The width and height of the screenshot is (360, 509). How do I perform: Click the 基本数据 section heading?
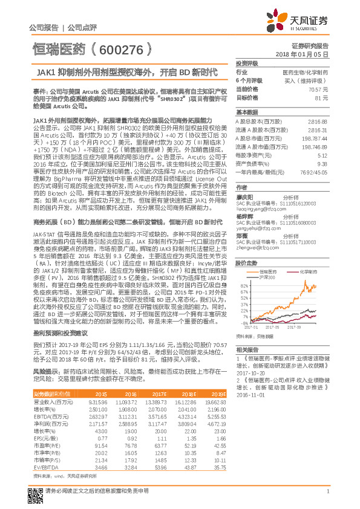point(247,112)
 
